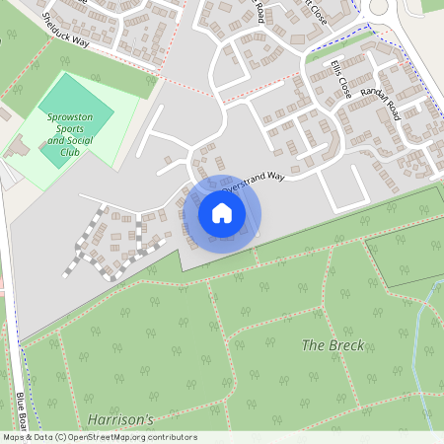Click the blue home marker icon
coord(222,213)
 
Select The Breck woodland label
coord(333,345)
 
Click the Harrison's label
coord(120,419)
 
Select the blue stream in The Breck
coord(422,335)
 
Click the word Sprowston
coord(70,116)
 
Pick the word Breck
coord(347,345)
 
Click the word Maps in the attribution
coord(14,437)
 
